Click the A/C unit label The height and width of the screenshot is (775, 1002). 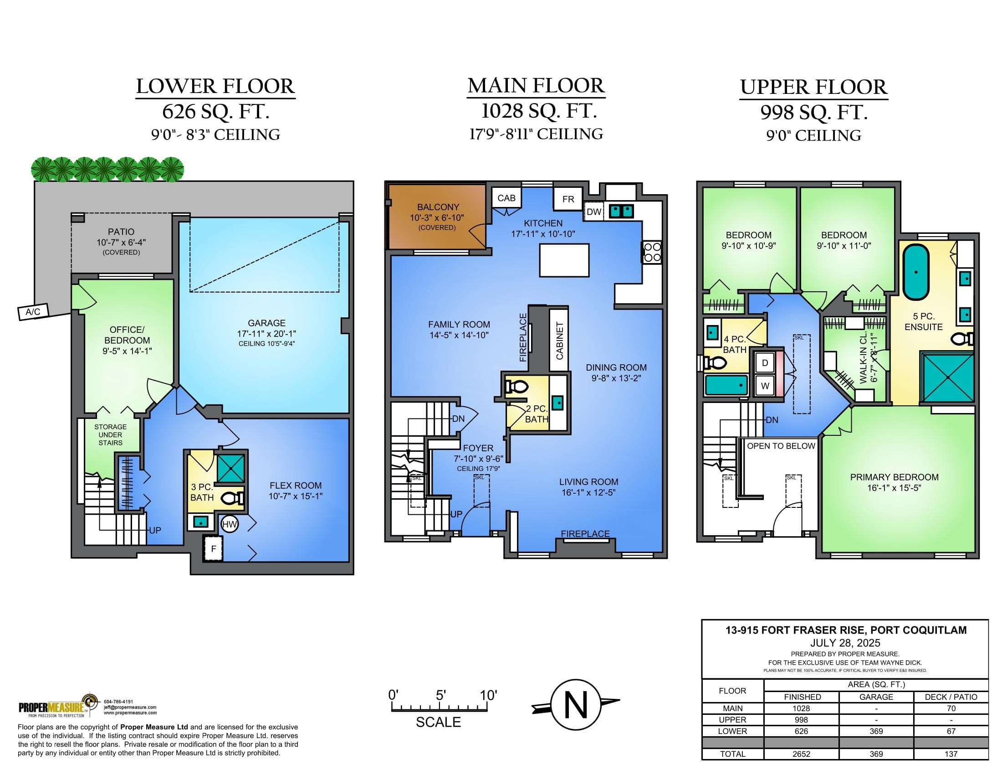point(33,312)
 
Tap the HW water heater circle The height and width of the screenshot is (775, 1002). point(230,524)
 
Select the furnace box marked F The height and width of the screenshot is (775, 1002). point(213,548)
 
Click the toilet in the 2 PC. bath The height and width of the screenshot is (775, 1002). point(515,387)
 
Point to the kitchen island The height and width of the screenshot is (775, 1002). point(564,260)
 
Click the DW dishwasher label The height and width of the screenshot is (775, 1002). point(593,212)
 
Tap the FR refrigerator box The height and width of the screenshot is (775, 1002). point(568,199)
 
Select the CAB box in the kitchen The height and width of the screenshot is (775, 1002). point(506,198)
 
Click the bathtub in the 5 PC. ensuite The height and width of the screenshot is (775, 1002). point(916,272)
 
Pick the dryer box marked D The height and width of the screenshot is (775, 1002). point(765,363)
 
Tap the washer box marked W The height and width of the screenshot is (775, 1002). point(765,386)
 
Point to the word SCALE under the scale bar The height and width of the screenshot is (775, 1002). point(438,722)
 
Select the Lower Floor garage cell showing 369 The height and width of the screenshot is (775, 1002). point(876,731)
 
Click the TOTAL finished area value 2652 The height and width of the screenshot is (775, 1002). point(801,754)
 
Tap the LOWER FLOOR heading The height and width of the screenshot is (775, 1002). point(215,86)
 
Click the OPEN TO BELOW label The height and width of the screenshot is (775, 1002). point(781,446)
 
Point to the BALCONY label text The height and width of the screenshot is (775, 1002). point(438,207)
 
